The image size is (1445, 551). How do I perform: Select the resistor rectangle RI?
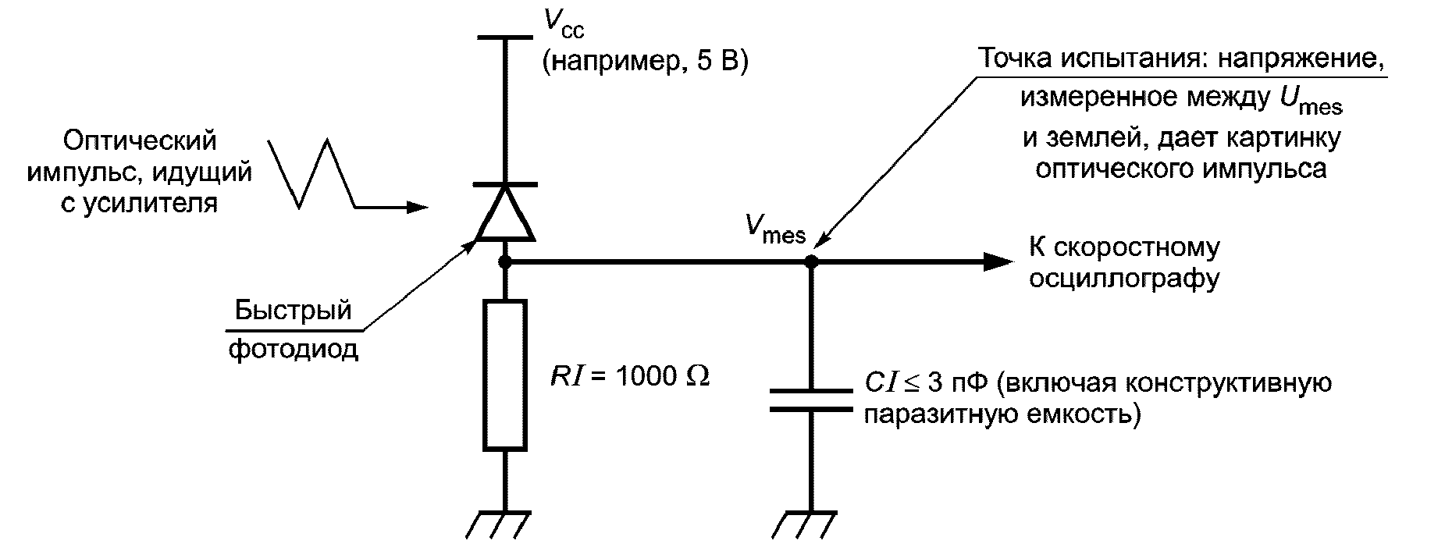pyautogui.click(x=505, y=375)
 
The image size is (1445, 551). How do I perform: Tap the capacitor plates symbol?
pyautogui.click(x=811, y=399)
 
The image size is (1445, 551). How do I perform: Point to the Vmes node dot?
pyautogui.click(x=811, y=261)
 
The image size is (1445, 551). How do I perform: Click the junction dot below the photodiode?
pyautogui.click(x=505, y=261)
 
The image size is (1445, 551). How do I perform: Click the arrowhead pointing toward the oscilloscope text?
pyautogui.click(x=998, y=261)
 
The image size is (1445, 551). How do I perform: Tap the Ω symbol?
pyautogui.click(x=697, y=376)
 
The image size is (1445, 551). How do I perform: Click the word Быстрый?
pyautogui.click(x=294, y=311)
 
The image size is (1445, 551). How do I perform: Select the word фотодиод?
pyautogui.click(x=294, y=349)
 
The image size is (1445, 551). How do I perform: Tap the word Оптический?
pyautogui.click(x=141, y=141)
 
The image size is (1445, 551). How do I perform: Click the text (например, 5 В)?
pyautogui.click(x=645, y=62)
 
